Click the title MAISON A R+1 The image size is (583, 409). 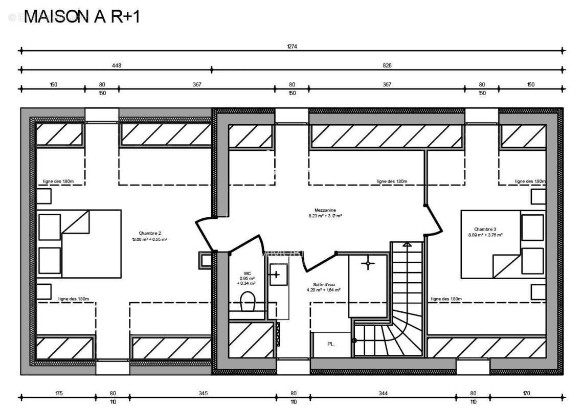[x=82, y=17]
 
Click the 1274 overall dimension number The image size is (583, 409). [x=292, y=46]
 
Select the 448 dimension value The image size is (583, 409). [x=117, y=65]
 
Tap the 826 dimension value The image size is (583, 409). [x=387, y=65]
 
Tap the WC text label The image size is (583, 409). [x=246, y=273]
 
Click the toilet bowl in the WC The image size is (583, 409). [x=248, y=302]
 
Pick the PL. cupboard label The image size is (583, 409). [x=331, y=344]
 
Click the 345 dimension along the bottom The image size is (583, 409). [x=203, y=393]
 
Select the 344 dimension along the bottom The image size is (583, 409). [x=383, y=393]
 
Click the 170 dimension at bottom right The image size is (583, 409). [x=527, y=393]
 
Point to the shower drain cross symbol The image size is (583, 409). [x=367, y=264]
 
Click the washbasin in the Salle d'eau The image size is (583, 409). [x=276, y=274]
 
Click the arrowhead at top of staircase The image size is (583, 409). [x=408, y=246]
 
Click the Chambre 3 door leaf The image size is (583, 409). [x=434, y=220]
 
